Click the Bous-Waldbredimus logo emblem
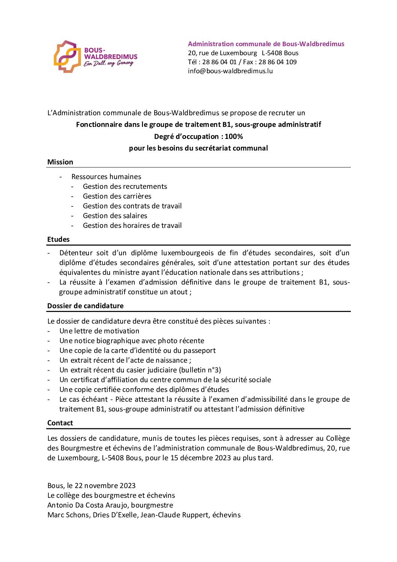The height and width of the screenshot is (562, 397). [x=68, y=57]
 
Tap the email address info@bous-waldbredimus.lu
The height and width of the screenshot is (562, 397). [x=230, y=71]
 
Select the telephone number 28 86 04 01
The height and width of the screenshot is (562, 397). [x=219, y=62]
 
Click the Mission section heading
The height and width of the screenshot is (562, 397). [x=60, y=162]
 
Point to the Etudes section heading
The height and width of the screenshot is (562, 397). [x=58, y=240]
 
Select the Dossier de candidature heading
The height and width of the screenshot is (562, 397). [x=85, y=306]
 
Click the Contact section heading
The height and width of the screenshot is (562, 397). [x=60, y=423]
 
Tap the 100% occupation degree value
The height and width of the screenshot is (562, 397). [x=234, y=137]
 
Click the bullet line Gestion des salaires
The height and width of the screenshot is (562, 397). [x=115, y=216]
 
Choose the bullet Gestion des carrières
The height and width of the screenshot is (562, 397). [x=117, y=196]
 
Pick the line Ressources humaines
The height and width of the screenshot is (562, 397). [x=106, y=177]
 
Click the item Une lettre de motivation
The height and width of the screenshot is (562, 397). [x=99, y=331]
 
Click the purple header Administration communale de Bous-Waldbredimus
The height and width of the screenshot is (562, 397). [x=266, y=44]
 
